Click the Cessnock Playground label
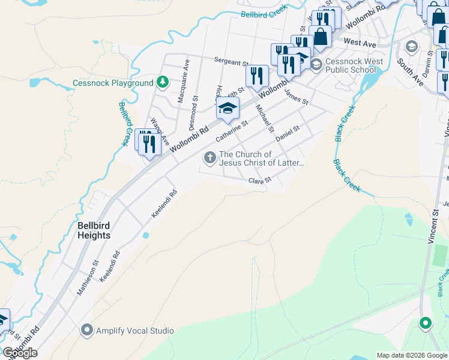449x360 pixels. coord(113,83)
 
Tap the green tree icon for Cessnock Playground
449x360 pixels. coord(161,82)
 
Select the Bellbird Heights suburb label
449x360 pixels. coord(94,230)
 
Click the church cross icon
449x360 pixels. coord(209,158)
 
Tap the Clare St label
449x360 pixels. coord(260,179)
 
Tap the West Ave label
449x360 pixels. coord(360,43)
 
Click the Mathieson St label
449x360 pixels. coord(86,277)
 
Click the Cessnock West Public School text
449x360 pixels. coord(351,65)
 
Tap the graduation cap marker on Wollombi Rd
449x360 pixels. coord(228,108)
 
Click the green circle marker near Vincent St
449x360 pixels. coord(426,323)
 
